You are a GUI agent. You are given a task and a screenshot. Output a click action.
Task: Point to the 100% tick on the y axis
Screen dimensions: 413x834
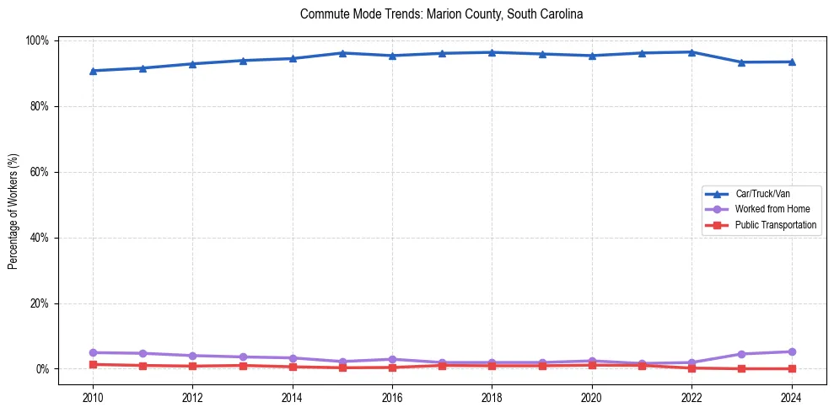(40, 40)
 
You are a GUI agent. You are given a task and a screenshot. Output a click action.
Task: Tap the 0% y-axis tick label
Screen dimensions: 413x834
(44, 369)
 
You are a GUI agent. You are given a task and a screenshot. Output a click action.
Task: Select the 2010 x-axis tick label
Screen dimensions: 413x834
(93, 398)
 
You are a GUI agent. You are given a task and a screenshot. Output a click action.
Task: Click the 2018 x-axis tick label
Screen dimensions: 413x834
(492, 398)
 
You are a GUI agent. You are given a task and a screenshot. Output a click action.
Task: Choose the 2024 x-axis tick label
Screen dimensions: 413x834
(791, 398)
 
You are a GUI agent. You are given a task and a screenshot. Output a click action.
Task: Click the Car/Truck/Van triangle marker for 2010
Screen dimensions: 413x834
(93, 71)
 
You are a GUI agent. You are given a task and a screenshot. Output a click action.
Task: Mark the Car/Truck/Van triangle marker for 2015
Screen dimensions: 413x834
(342, 53)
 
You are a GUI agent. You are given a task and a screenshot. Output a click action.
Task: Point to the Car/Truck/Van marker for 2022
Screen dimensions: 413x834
(691, 52)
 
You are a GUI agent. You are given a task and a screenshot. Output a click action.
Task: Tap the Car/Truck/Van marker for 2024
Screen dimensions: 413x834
(791, 62)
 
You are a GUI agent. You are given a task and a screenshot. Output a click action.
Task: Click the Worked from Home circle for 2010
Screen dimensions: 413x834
(93, 352)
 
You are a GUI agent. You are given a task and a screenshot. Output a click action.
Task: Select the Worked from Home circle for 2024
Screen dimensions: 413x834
(791, 351)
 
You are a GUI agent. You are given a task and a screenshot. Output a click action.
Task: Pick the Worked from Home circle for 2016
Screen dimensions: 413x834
(392, 359)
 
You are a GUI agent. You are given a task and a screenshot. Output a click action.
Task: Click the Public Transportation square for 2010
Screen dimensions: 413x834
(93, 364)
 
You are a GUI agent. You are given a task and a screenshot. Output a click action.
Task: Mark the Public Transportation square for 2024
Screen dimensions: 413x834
(791, 368)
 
